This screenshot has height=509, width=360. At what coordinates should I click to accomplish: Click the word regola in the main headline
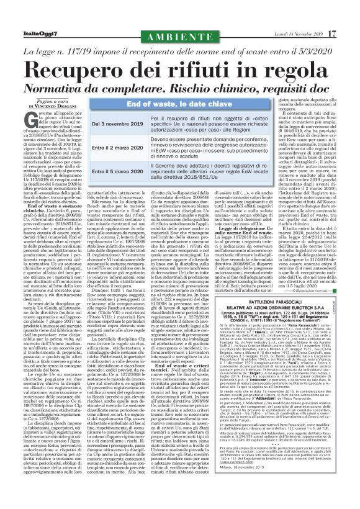[297, 67]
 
